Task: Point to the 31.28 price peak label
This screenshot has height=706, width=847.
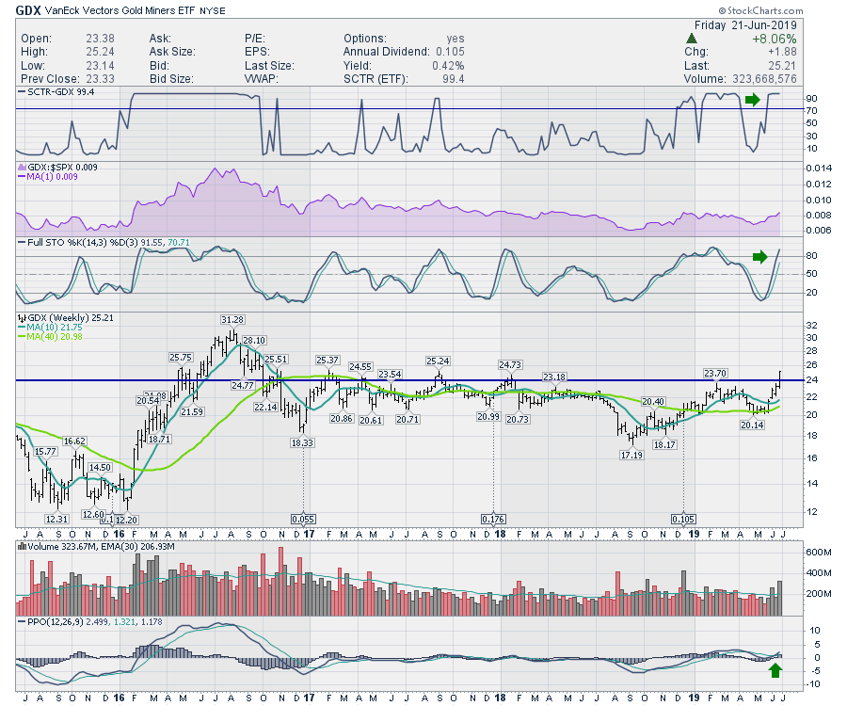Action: pyautogui.click(x=232, y=320)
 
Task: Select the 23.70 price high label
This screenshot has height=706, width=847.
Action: pyautogui.click(x=715, y=373)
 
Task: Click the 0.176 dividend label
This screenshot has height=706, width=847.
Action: pyautogui.click(x=493, y=519)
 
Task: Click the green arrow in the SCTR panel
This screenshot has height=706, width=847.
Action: pyautogui.click(x=751, y=99)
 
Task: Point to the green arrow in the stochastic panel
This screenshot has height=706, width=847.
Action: pyautogui.click(x=760, y=255)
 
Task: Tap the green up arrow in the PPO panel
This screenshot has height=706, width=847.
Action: pyautogui.click(x=775, y=670)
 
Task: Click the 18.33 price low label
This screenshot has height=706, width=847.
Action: pyautogui.click(x=301, y=442)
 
